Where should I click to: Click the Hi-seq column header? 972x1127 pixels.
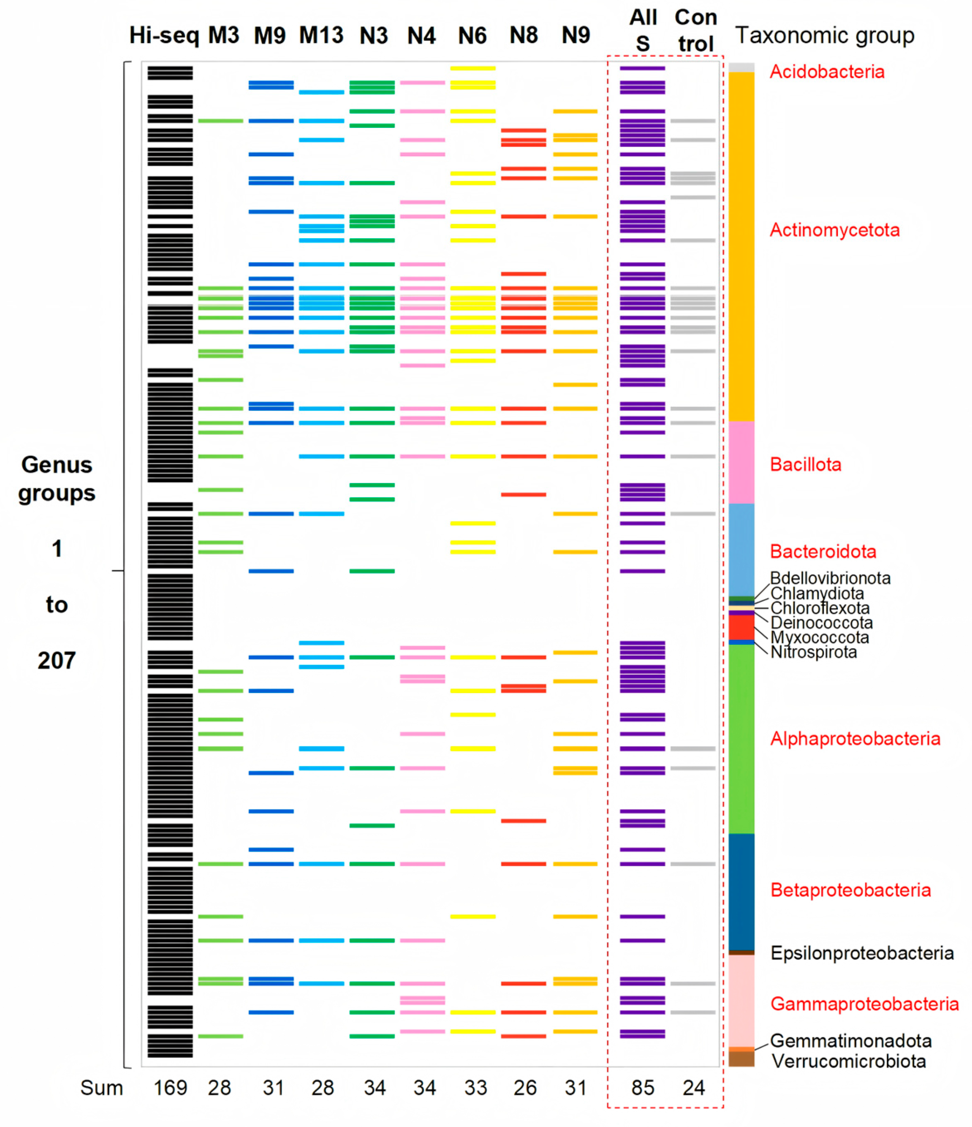point(164,36)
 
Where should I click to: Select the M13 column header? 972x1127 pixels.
point(321,36)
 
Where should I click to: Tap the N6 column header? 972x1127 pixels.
point(472,36)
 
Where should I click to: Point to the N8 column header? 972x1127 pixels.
point(523,36)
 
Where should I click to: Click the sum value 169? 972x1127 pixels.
point(170,1088)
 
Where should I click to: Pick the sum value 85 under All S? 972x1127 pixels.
point(643,1088)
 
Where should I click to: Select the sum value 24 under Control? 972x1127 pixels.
point(694,1088)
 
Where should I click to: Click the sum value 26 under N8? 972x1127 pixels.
point(524,1088)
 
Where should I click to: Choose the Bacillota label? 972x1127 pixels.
point(806,464)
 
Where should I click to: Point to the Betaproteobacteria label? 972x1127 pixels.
point(851,890)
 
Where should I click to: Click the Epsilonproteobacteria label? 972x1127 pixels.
point(862,953)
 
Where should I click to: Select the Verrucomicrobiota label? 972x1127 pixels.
point(849,1061)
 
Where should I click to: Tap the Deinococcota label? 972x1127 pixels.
point(821,623)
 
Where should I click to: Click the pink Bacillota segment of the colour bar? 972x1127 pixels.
point(741,462)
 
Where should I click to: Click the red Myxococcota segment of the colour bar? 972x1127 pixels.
point(741,627)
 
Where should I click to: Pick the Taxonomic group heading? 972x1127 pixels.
point(825,36)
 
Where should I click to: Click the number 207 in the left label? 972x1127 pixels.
point(56,660)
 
